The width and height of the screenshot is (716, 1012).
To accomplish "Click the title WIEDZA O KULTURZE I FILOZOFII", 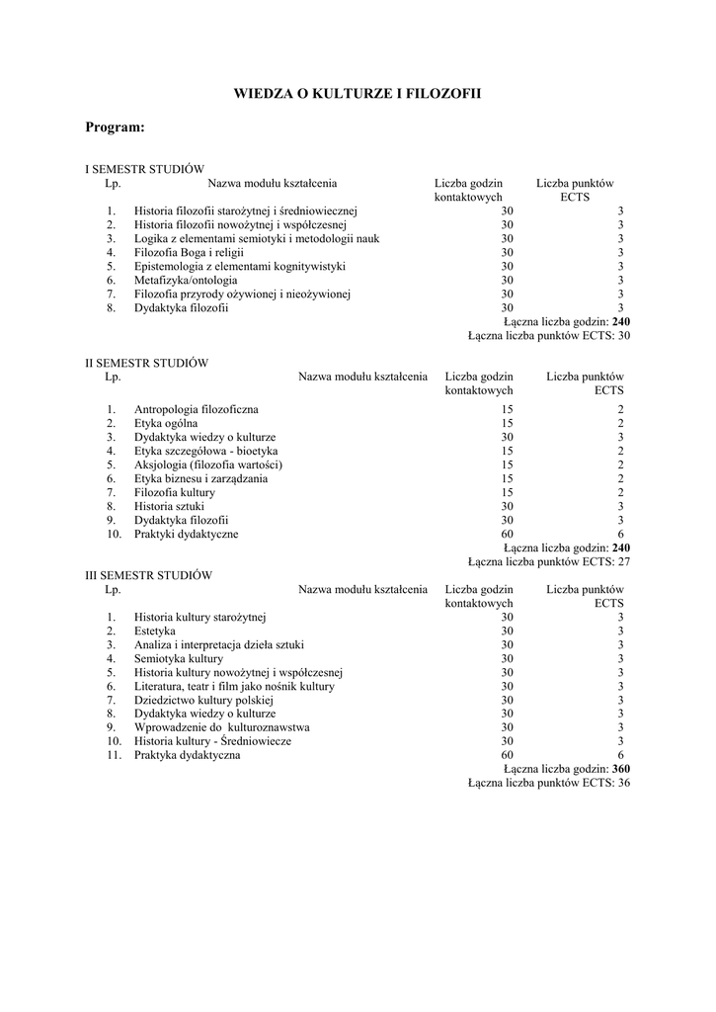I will point(358,94).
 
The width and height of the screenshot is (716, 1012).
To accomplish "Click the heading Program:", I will point(116,127).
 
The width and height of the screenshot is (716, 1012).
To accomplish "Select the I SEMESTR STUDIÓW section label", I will point(144,169).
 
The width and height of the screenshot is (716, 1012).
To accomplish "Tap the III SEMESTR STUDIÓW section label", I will point(149,574).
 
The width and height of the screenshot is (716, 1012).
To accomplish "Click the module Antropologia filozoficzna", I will point(197,409).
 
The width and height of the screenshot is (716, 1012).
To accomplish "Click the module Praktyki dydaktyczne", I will point(186,534).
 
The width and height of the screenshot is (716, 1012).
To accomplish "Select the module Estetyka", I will point(155,630).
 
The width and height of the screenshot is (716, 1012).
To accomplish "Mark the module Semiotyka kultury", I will point(179,657).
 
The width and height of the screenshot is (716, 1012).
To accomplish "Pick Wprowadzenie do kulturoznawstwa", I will point(207,726).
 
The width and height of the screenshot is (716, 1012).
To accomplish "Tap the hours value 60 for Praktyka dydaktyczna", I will point(507,754).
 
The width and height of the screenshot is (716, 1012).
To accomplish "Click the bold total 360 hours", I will point(621,768).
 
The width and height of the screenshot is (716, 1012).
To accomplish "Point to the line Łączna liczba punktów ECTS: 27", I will point(548,561).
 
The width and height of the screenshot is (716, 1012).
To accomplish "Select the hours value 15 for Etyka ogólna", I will point(507,423).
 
